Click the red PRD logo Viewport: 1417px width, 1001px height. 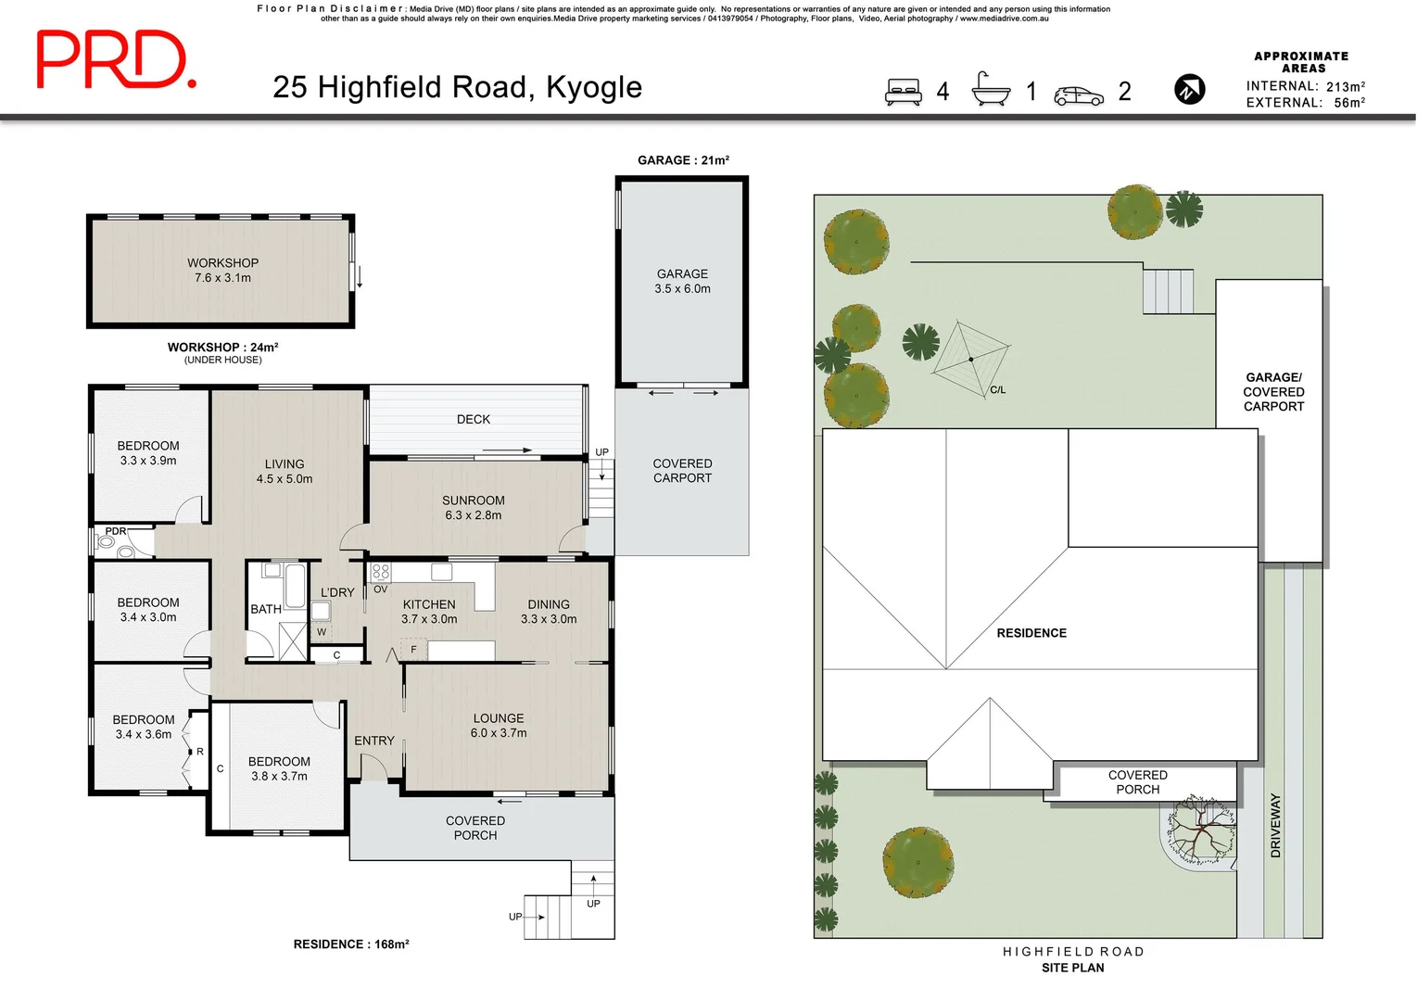[116, 59]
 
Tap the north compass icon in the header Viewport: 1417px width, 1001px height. [1189, 89]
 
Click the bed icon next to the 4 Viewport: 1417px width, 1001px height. [903, 91]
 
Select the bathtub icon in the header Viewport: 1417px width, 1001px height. [991, 89]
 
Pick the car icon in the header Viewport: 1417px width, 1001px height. [1079, 95]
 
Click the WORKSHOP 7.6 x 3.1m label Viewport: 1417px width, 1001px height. [222, 271]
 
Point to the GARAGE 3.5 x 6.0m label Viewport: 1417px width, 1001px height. [682, 281]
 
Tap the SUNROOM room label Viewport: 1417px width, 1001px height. [473, 507]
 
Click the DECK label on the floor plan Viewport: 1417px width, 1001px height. [473, 419]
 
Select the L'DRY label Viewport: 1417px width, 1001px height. [337, 592]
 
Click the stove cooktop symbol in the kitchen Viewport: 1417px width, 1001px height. [381, 572]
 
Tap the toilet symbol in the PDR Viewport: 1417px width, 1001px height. [105, 541]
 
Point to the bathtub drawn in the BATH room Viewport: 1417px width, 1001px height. [294, 584]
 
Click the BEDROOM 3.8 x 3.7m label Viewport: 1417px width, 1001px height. [279, 768]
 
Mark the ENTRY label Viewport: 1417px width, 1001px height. [373, 741]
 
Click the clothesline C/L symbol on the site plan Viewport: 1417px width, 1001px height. [970, 359]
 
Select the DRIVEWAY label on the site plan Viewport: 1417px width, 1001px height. [1275, 825]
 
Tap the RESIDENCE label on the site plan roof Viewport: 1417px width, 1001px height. [1031, 633]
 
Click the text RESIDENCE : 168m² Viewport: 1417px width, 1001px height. [351, 944]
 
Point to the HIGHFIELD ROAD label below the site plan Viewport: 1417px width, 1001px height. [1073, 951]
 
